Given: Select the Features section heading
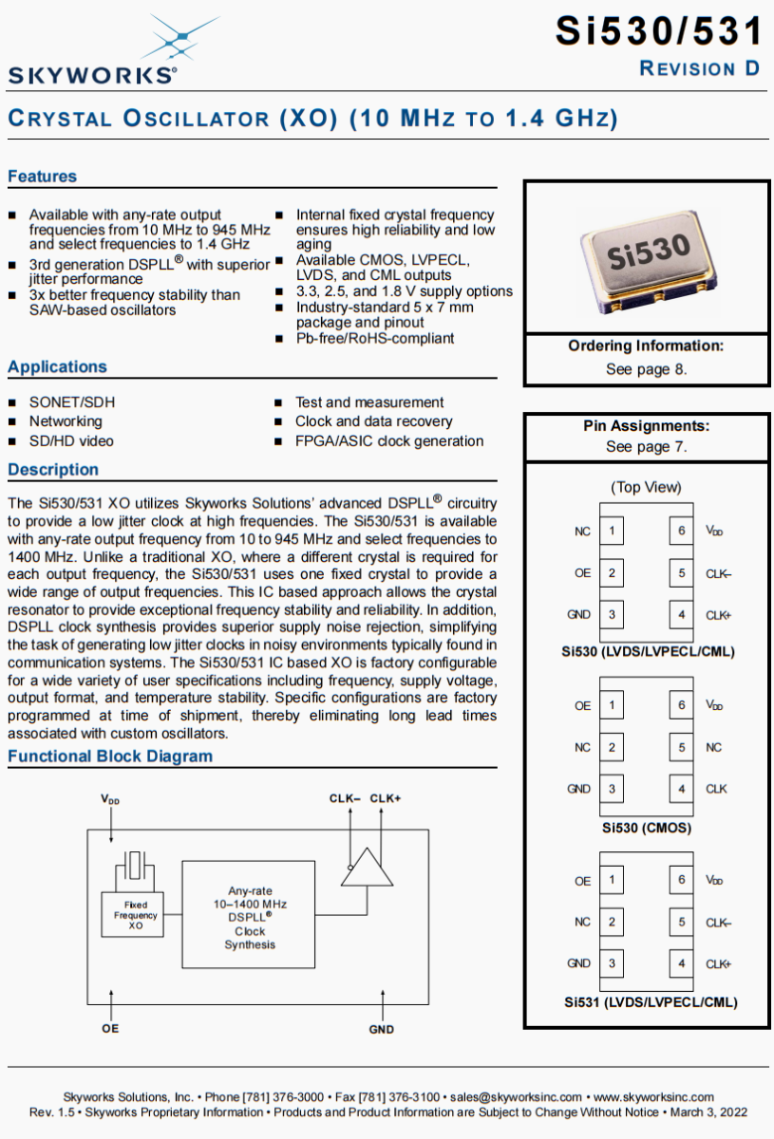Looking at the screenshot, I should (x=42, y=177).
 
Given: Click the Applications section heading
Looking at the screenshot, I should (x=57, y=367).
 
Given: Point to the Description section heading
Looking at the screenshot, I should (x=53, y=470).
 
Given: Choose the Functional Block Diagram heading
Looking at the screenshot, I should (x=110, y=756).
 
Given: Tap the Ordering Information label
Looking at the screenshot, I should (x=646, y=346).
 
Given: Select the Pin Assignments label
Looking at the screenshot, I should (x=646, y=426).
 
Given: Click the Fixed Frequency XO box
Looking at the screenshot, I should (x=136, y=915).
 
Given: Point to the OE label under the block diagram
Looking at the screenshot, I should (x=111, y=1029).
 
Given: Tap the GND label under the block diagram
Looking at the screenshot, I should (x=382, y=1029).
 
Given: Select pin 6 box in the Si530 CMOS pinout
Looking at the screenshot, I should (x=681, y=705).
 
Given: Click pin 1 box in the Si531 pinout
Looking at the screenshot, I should (x=612, y=880).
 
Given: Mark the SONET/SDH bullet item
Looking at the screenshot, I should (x=71, y=402).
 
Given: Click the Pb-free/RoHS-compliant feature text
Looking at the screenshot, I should (x=374, y=339).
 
